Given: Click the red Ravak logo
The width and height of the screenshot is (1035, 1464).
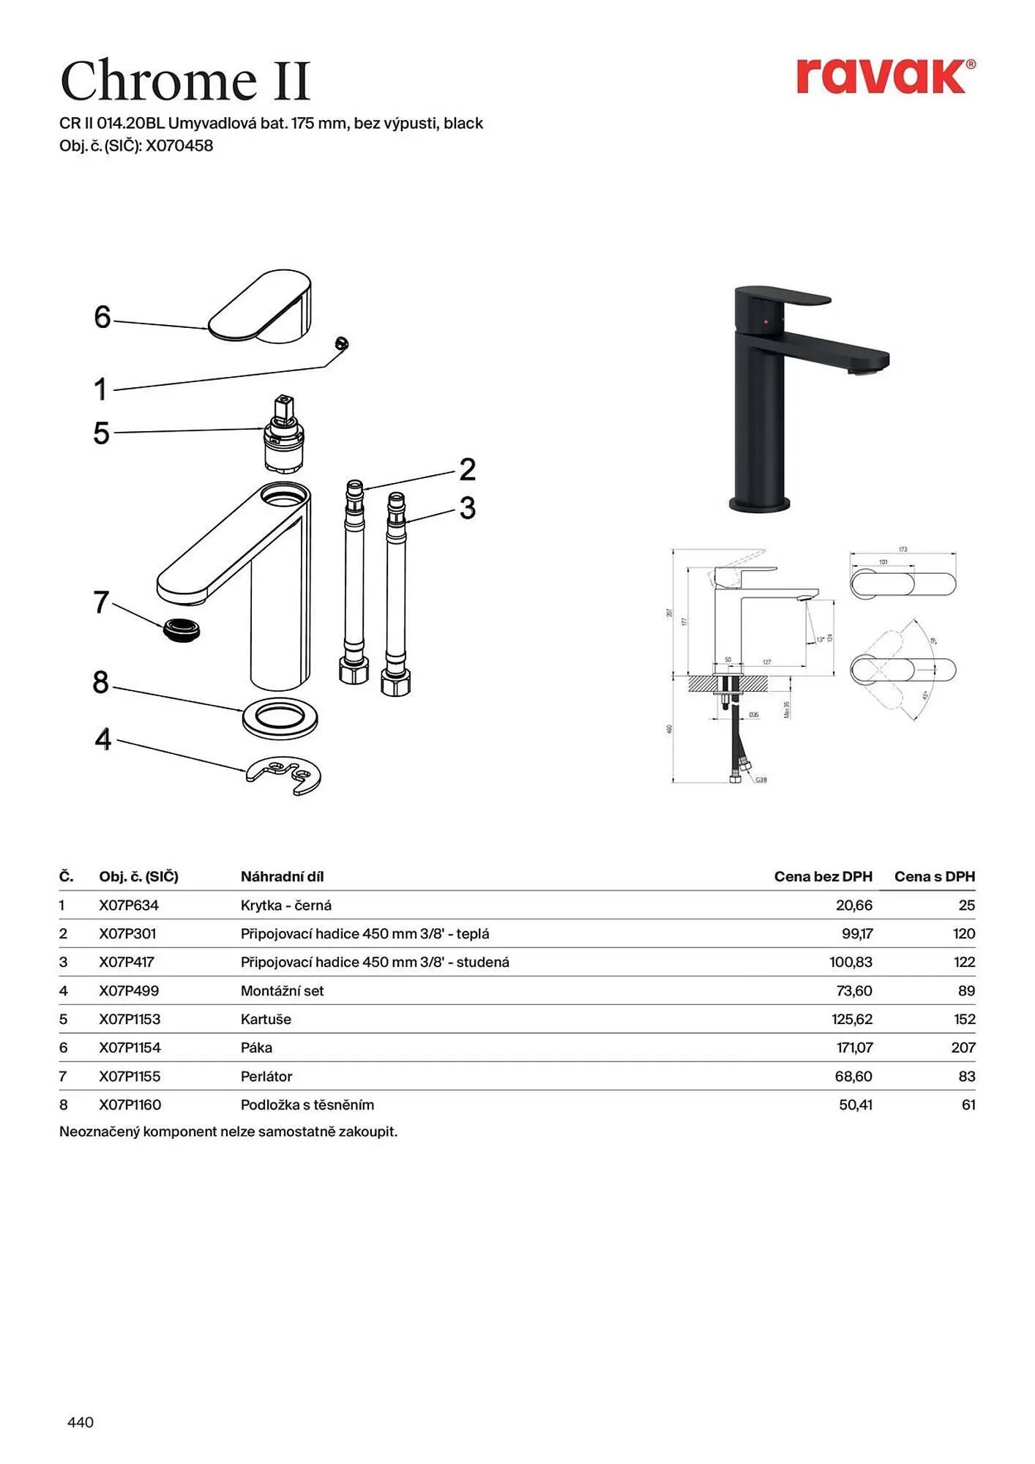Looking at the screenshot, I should [x=885, y=76].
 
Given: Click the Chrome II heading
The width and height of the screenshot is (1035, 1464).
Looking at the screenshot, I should [x=186, y=81].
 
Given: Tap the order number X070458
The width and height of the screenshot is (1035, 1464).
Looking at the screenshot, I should [x=179, y=146].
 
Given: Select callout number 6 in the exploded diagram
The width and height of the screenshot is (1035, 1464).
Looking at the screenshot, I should [x=102, y=317].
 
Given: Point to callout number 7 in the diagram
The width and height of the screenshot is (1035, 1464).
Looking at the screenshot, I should [x=101, y=602].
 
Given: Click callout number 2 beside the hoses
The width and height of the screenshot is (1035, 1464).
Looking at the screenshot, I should [x=467, y=470].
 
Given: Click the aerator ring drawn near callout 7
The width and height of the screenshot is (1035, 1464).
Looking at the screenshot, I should [x=182, y=630].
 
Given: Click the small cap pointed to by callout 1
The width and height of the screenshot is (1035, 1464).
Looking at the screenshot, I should [x=340, y=343].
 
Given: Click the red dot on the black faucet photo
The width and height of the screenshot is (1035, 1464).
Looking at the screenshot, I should [x=766, y=321].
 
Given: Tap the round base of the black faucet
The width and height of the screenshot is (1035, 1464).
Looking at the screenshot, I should [x=760, y=504].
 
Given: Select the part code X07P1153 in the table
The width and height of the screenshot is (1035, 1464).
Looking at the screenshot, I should [x=130, y=1019].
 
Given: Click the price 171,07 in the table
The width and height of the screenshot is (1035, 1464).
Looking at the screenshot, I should [x=854, y=1047].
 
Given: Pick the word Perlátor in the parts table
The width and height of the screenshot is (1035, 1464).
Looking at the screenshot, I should [x=266, y=1076].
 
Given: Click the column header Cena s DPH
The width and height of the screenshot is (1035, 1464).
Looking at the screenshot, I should [x=934, y=876].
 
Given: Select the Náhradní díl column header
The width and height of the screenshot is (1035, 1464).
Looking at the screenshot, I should [x=282, y=876].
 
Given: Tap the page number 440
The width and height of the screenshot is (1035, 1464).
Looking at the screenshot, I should [x=81, y=1422].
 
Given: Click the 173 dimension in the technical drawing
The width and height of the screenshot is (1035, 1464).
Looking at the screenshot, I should [x=903, y=549].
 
